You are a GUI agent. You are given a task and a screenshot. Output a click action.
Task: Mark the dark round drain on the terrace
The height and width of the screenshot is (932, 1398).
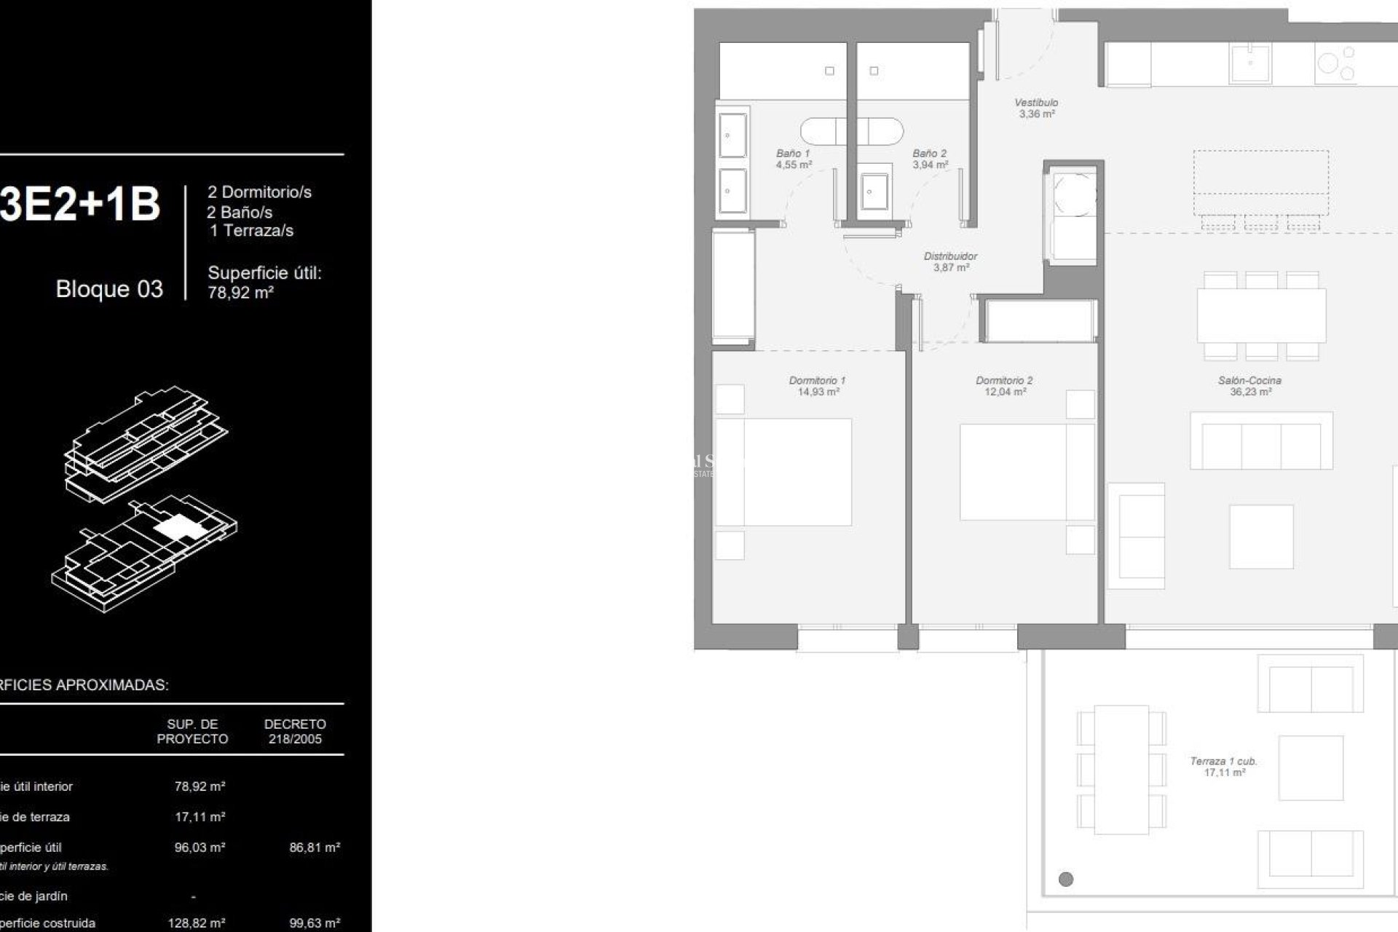pyautogui.click(x=1066, y=879)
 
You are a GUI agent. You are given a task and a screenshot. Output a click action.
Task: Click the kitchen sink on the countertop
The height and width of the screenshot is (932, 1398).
pyautogui.click(x=1250, y=63)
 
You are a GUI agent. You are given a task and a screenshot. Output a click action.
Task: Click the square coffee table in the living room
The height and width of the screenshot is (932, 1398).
pyautogui.click(x=1261, y=537)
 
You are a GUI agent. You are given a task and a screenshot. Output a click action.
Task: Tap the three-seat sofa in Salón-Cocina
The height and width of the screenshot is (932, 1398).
pyautogui.click(x=1261, y=442)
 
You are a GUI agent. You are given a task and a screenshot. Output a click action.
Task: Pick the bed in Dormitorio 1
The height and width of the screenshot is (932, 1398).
pyautogui.click(x=783, y=472)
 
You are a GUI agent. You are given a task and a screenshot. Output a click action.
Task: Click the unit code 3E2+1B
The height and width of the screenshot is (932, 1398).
pyautogui.click(x=80, y=205)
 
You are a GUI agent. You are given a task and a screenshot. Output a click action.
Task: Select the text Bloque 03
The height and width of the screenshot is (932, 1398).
pyautogui.click(x=109, y=289)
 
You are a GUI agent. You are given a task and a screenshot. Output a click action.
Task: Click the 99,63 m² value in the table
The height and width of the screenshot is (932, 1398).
pyautogui.click(x=315, y=923)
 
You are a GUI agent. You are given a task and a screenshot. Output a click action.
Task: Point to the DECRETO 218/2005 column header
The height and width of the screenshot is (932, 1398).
pyautogui.click(x=295, y=731)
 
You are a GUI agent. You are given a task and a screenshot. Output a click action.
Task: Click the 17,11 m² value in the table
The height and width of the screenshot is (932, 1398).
pyautogui.click(x=200, y=817)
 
